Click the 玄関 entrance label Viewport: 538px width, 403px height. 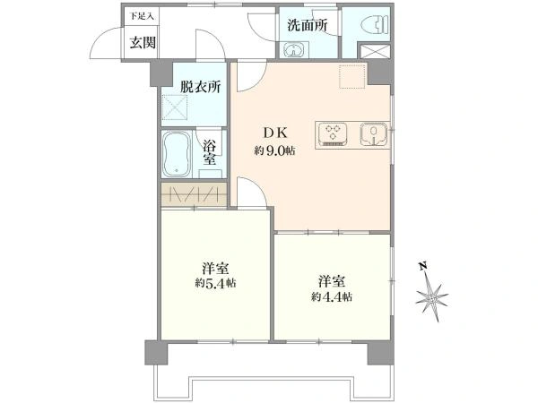tap(143, 42)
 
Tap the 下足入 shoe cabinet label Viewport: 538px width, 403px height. tap(142, 16)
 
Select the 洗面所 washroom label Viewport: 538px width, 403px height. tap(308, 25)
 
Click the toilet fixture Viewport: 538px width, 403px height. tap(374, 25)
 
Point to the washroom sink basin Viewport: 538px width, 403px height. tap(295, 49)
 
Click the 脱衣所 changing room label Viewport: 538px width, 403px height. tap(200, 87)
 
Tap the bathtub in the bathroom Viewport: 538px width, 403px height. tap(177, 154)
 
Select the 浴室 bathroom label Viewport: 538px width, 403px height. tap(209, 152)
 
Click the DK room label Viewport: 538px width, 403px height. tap(275, 133)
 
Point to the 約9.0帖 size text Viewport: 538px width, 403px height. tap(275, 150)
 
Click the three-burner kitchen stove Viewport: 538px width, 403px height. tap(333, 134)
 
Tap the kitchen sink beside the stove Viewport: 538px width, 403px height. tap(373, 133)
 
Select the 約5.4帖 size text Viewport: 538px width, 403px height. tap(216, 283)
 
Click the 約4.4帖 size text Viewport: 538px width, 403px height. tap(332, 296)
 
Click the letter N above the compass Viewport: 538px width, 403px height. tap(423, 266)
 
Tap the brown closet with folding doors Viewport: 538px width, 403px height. tap(195, 194)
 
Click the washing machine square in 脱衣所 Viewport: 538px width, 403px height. tap(175, 107)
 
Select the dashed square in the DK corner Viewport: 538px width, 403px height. tap(352, 76)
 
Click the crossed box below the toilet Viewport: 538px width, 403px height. tap(374, 51)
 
